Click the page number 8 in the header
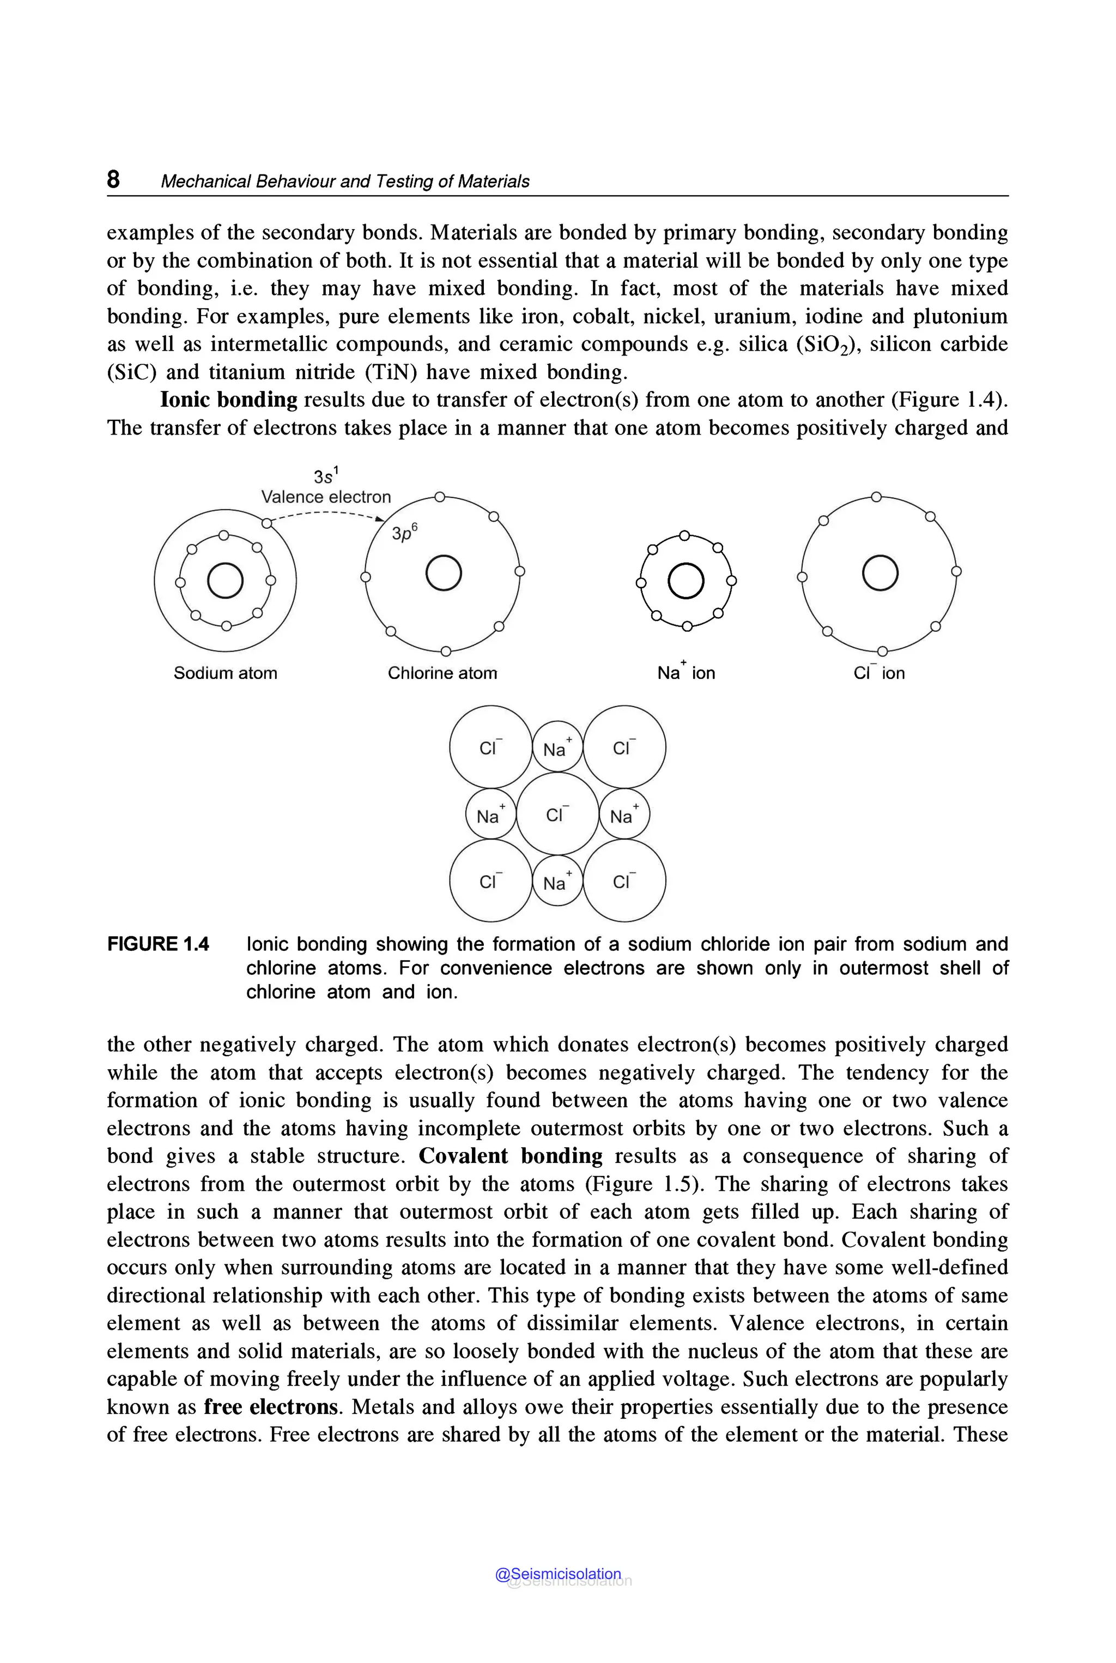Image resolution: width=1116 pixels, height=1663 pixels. point(113,179)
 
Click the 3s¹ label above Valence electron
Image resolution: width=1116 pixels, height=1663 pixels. point(327,476)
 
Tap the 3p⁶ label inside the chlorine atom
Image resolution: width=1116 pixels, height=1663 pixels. point(404,533)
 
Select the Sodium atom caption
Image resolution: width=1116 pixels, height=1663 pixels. point(225,673)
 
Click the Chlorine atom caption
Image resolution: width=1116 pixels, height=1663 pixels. point(442,673)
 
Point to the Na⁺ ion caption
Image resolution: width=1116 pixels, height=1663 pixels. point(686,672)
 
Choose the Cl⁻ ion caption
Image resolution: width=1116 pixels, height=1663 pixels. point(879,673)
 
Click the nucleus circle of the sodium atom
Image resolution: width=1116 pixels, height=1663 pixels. point(225,581)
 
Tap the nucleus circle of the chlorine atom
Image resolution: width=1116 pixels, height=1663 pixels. point(444,573)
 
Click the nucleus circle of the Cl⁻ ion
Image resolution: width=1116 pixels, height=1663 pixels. point(880,573)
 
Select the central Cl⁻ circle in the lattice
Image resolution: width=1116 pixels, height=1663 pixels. point(557,814)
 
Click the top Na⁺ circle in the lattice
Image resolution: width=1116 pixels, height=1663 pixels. point(557,747)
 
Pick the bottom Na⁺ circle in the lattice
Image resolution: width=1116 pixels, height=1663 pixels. point(557,882)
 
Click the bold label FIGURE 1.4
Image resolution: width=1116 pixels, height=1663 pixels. point(158,944)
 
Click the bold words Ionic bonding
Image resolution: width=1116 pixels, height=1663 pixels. point(228,400)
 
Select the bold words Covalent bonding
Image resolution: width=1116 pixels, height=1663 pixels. point(510,1156)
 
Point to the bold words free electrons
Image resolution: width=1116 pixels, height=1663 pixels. point(270,1407)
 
